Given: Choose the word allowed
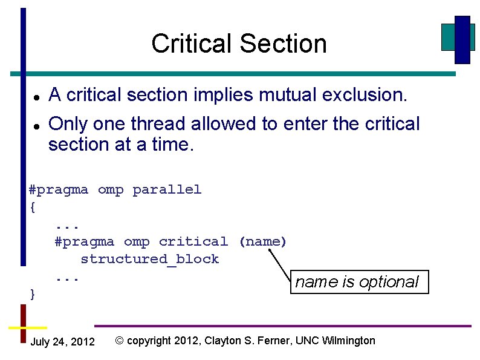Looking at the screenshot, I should (224, 124).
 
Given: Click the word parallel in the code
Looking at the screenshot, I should (167, 189).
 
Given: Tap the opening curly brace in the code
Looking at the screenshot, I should (33, 207).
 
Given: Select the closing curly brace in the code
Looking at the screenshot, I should (33, 294).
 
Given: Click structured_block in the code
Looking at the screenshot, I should (149, 259).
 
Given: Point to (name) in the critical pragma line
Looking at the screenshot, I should (262, 242).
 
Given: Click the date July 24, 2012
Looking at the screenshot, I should (62, 342).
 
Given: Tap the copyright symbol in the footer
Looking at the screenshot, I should (119, 341).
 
